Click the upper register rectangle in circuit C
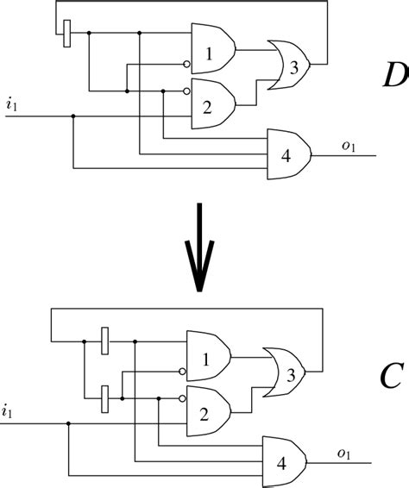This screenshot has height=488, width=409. click(104, 341)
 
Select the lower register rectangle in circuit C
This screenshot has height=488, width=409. click(104, 397)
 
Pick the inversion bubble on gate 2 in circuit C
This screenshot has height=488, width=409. click(183, 397)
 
